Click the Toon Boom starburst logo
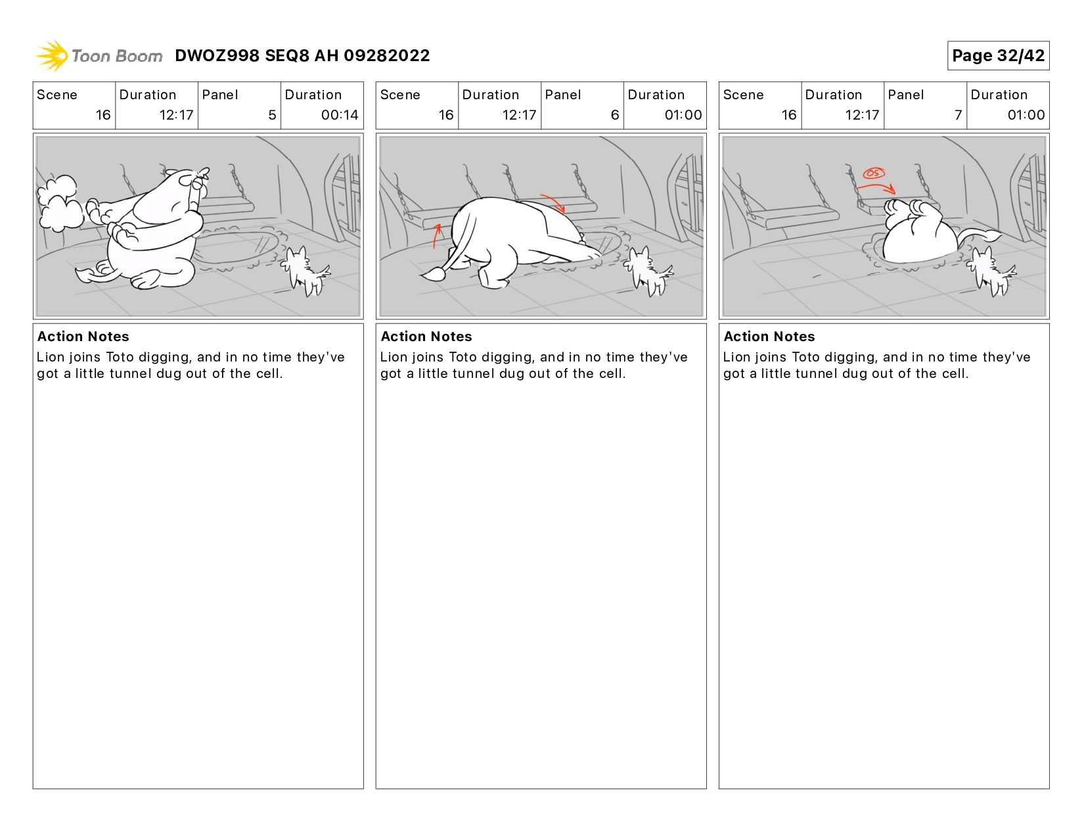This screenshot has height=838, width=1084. [x=53, y=55]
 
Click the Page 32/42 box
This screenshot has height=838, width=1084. [x=998, y=55]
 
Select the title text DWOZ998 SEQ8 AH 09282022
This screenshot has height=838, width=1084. [x=302, y=55]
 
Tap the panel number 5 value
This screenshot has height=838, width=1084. [x=272, y=115]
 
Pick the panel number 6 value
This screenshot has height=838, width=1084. [x=614, y=115]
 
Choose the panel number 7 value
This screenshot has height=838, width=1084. [x=958, y=115]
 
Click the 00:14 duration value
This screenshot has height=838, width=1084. [x=340, y=115]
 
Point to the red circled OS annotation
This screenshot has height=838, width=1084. [x=874, y=174]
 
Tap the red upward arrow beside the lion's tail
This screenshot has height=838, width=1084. [x=436, y=235]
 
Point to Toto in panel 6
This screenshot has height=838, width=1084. [x=648, y=271]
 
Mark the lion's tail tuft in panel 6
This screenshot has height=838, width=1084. [x=434, y=274]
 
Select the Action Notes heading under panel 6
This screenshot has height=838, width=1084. [x=426, y=337]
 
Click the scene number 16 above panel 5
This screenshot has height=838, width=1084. [x=103, y=115]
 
